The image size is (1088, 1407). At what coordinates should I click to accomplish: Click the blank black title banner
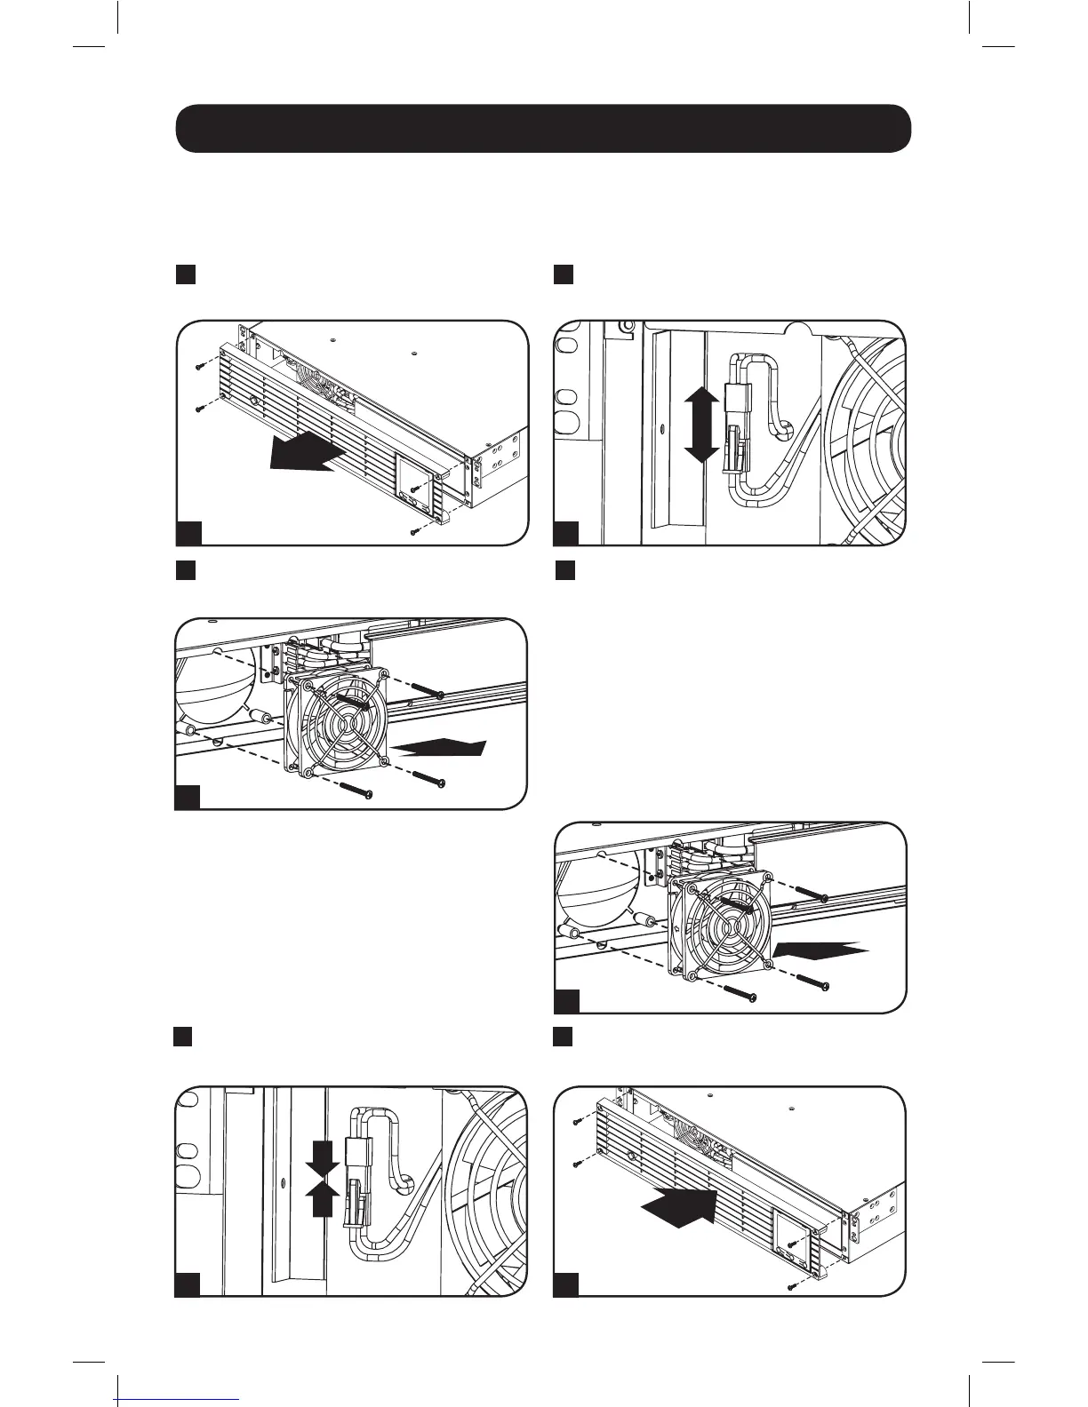coord(543,129)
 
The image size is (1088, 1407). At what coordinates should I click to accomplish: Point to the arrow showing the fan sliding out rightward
coord(441,747)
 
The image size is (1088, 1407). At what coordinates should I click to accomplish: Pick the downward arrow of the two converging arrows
coord(323,1158)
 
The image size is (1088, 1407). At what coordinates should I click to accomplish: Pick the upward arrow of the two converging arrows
coord(323,1201)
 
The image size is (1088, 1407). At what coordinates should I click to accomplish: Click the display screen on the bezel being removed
coord(415,475)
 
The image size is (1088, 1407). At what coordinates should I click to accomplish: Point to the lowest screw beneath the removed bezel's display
coord(416,531)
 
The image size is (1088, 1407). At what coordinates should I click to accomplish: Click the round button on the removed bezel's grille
coord(255,401)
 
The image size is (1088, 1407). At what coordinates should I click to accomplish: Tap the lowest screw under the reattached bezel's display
coord(792,1287)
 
